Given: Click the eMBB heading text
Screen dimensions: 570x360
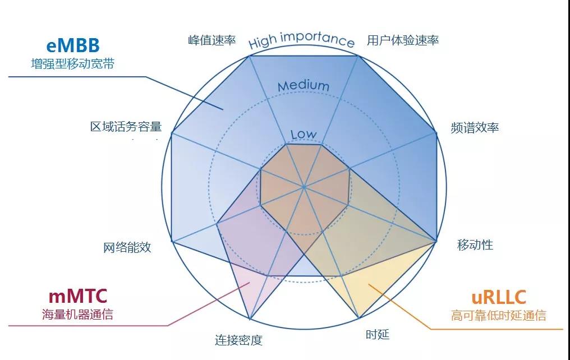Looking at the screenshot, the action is click(73, 45).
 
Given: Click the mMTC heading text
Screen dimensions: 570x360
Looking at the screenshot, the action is click(78, 296).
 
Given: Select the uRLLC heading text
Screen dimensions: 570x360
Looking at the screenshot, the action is click(498, 297).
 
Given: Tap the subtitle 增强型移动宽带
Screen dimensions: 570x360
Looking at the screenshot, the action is click(73, 64).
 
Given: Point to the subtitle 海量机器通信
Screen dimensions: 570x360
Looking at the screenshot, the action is click(77, 314).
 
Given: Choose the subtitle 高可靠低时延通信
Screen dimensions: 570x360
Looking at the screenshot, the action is click(498, 315).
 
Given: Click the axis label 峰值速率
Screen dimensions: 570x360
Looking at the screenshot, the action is click(212, 40).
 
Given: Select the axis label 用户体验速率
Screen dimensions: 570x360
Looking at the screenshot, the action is click(403, 40).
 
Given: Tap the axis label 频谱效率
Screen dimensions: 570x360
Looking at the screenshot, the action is click(475, 127).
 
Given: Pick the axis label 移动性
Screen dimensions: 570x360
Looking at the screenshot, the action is click(475, 245).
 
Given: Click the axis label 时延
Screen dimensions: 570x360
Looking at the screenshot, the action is click(378, 334).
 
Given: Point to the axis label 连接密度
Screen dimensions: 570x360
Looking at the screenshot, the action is click(238, 340).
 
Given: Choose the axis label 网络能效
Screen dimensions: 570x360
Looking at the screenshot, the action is click(127, 247).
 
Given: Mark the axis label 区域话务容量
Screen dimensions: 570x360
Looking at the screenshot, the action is click(126, 126).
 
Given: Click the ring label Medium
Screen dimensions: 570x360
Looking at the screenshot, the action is click(304, 86).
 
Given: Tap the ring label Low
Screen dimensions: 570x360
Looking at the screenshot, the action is click(304, 135).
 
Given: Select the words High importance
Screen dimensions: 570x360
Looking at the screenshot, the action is click(301, 40).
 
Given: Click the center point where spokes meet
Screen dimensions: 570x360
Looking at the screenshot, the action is click(304, 187).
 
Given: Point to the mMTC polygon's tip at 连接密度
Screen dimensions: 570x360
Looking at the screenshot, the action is click(250, 319).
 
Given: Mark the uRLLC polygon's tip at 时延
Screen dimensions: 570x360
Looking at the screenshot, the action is click(359, 318).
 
